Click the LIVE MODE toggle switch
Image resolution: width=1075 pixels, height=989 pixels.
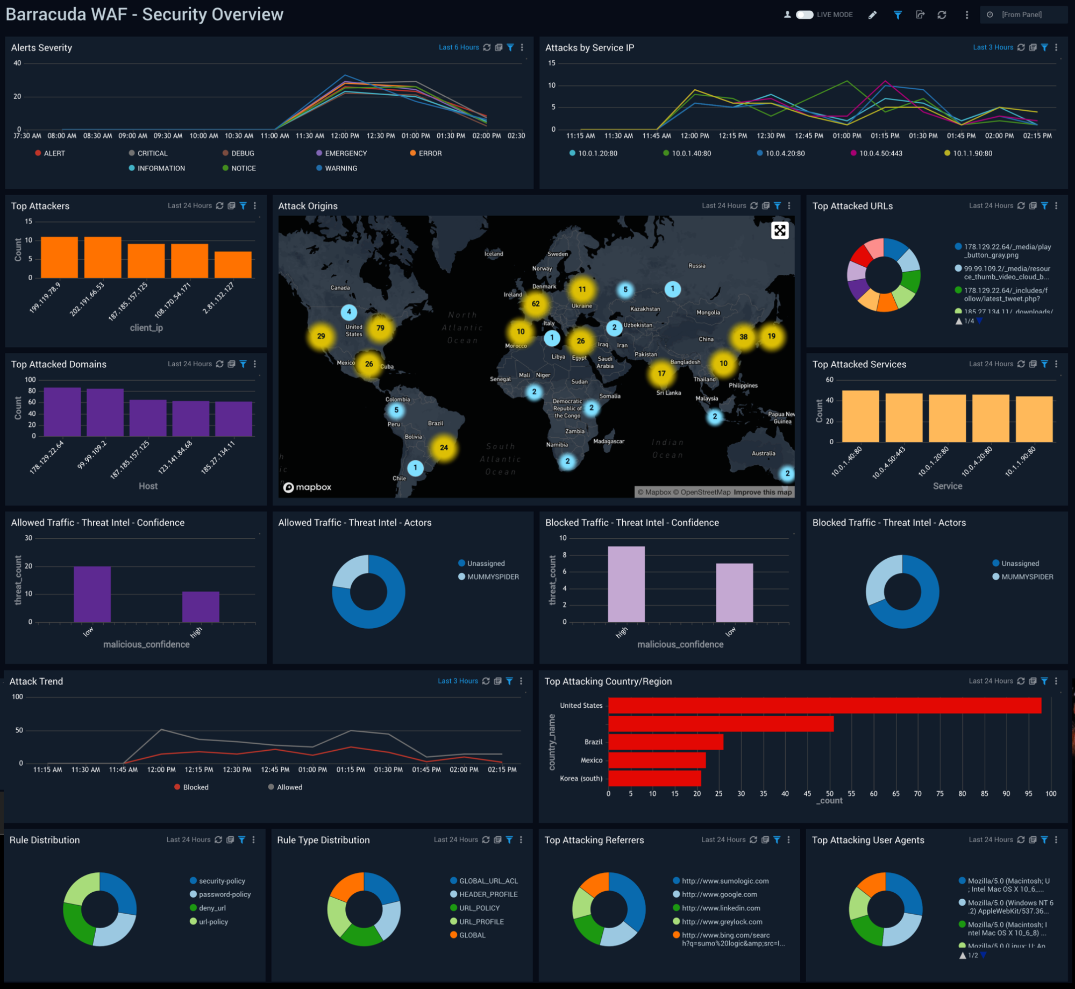point(804,15)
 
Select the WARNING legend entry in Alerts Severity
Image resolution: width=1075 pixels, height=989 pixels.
point(340,168)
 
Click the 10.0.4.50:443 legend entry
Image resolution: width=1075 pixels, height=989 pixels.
point(880,153)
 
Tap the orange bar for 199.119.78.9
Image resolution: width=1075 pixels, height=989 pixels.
point(59,257)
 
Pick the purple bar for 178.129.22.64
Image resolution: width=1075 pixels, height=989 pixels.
point(62,411)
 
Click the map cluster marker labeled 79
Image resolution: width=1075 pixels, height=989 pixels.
point(380,328)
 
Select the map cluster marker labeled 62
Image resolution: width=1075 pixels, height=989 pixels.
point(536,304)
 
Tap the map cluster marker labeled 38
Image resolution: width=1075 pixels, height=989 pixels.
point(743,337)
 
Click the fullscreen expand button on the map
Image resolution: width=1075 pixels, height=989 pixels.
point(779,231)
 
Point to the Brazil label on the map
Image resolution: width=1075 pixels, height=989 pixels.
point(436,423)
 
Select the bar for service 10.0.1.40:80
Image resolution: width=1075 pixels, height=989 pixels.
point(860,416)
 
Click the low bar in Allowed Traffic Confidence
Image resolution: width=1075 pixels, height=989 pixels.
point(92,594)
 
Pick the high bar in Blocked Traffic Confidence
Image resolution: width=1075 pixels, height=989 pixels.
point(626,584)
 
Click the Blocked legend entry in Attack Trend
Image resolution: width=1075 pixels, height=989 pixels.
point(195,787)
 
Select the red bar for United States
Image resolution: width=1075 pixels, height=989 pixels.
point(824,706)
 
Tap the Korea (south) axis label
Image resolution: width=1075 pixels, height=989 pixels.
point(581,778)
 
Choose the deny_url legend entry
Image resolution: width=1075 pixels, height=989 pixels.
point(212,908)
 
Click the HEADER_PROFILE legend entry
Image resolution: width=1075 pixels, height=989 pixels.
point(488,894)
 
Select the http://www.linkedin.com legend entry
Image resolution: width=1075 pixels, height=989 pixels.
point(721,908)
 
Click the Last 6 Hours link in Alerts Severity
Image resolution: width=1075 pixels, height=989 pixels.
point(458,47)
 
